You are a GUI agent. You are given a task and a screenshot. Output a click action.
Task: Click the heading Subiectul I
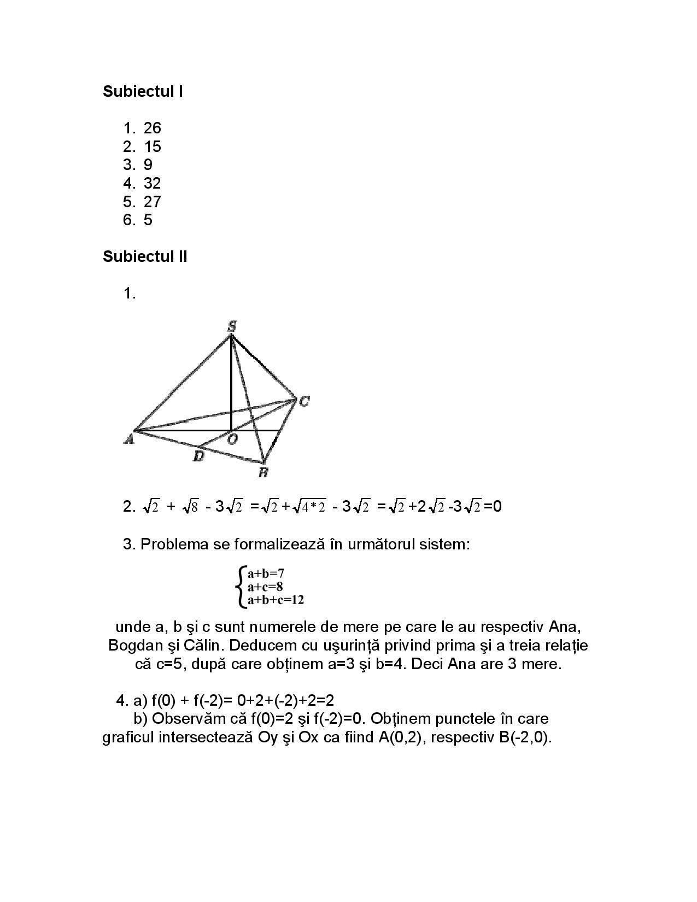pos(143,91)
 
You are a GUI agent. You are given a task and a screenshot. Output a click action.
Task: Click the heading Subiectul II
pos(145,256)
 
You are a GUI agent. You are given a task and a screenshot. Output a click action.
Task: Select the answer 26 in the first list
pos(152,128)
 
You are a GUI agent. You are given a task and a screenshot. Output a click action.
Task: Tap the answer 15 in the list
pos(152,147)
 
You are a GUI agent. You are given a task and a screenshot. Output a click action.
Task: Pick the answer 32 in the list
pos(152,183)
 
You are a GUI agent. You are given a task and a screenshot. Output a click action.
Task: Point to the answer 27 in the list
pos(152,202)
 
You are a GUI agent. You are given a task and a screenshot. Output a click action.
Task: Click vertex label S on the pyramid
pos(232,326)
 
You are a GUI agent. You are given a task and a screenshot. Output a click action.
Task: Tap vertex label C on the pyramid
pos(304,402)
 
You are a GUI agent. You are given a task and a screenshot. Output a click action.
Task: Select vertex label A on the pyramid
pos(129,438)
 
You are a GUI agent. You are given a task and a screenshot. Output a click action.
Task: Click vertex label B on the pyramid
pos(263,472)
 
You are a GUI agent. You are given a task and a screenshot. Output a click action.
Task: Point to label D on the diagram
pos(198,456)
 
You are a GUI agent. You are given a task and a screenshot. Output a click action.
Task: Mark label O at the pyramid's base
pos(232,440)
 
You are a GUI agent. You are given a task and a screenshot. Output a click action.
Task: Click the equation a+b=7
pos(266,573)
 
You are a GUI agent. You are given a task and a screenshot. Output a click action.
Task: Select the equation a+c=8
pos(265,587)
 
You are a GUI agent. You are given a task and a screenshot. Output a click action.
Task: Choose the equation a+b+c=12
pos(276,600)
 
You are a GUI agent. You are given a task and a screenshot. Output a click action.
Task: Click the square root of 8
pos(190,507)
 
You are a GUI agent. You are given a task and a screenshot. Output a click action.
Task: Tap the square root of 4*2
pos(309,507)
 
